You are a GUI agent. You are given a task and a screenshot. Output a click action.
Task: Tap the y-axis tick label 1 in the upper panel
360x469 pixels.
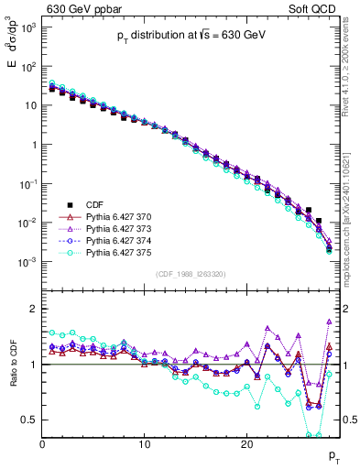[x=34, y=145]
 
